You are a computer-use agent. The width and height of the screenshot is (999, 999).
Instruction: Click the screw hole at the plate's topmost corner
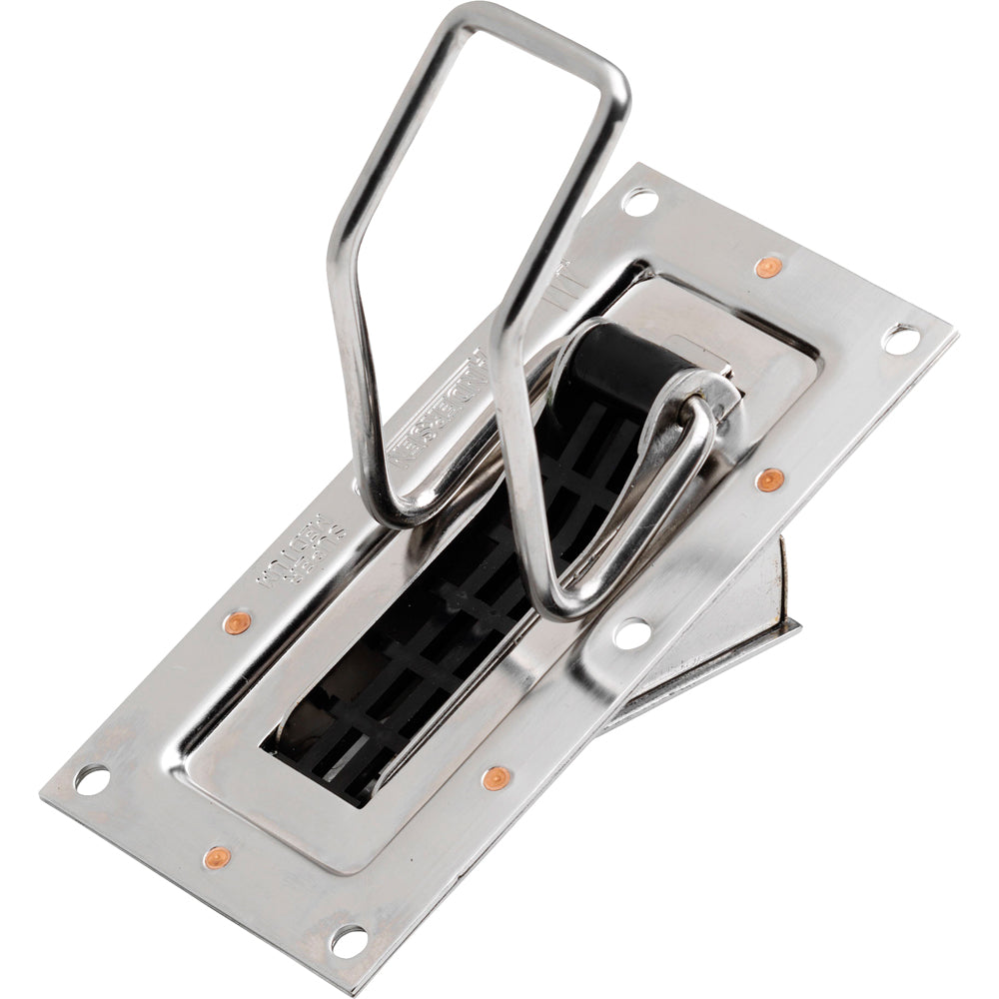tap(638, 201)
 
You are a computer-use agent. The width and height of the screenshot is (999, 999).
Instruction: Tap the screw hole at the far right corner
tap(900, 339)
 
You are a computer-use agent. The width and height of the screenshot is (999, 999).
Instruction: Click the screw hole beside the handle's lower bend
tap(631, 631)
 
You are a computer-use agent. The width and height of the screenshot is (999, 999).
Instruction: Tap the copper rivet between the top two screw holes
tap(767, 267)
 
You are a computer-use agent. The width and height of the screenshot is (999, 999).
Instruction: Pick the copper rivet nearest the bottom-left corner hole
tap(216, 857)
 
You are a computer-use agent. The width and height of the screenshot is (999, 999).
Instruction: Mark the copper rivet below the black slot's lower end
tap(493, 778)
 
